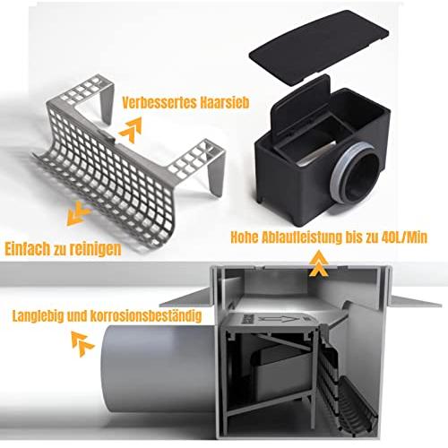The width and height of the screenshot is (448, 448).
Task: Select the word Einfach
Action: coord(28,249)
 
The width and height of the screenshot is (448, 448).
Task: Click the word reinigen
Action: coord(96,249)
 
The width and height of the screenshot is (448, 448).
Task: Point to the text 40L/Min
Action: coord(404,237)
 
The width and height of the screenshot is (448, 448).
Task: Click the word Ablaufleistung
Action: coord(302,237)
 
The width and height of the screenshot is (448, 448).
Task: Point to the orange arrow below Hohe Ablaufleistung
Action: coord(319,263)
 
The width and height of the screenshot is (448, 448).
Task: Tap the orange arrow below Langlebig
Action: coord(82,343)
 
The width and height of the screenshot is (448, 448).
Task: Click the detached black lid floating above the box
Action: coord(319,47)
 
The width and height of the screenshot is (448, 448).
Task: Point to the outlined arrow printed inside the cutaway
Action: coord(280,320)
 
